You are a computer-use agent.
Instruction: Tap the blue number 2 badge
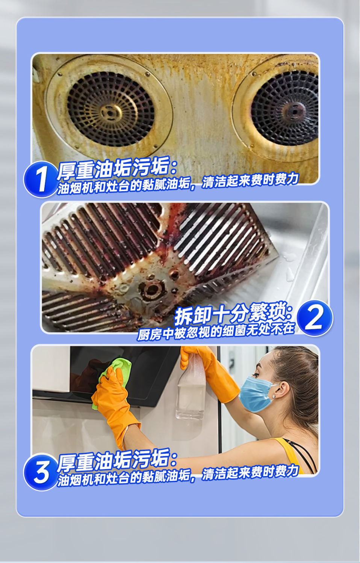tap(315, 318)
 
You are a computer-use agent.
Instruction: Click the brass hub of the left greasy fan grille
tap(111, 113)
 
